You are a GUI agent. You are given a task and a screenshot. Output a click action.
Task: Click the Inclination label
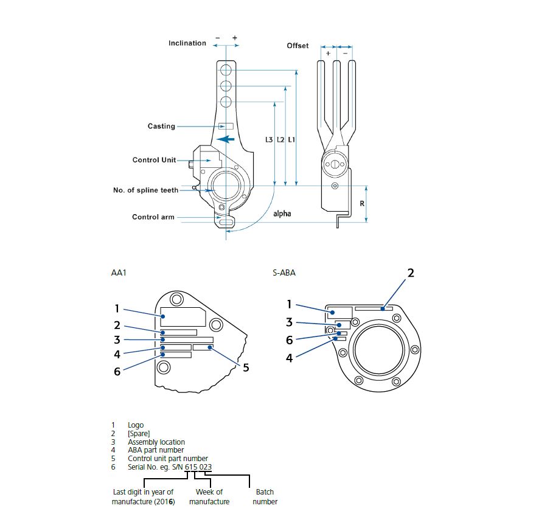click(x=187, y=43)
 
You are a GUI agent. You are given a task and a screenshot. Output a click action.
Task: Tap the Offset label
click(x=298, y=46)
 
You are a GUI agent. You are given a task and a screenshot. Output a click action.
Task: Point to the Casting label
click(x=161, y=126)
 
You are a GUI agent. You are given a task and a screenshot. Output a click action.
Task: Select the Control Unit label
click(x=154, y=160)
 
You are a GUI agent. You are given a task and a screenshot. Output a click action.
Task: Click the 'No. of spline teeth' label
click(x=145, y=190)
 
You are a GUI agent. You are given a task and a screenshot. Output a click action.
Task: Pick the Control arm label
click(x=153, y=217)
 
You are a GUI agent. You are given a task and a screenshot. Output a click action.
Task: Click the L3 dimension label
click(x=269, y=139)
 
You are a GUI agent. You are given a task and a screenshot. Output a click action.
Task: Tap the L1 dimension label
click(x=291, y=139)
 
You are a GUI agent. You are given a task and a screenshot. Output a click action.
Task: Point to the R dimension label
click(x=362, y=204)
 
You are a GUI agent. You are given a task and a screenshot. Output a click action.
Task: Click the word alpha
click(x=282, y=214)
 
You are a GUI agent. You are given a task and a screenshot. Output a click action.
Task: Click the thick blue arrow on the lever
click(x=226, y=139)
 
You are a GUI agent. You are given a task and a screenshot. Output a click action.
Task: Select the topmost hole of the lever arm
click(x=226, y=71)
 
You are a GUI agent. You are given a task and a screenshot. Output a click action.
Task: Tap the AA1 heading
click(x=119, y=273)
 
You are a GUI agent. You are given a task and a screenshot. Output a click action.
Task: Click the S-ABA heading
click(x=284, y=273)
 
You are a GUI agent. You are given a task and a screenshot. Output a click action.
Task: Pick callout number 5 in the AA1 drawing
click(x=246, y=368)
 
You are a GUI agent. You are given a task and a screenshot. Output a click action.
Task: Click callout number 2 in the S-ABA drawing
click(x=411, y=273)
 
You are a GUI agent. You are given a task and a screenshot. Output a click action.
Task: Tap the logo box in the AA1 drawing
click(x=183, y=316)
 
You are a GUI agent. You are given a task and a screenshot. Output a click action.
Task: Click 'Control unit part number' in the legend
click(x=168, y=458)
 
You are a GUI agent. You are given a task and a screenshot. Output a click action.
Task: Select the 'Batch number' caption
click(x=265, y=496)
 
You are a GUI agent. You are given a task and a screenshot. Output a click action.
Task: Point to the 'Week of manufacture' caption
click(x=209, y=496)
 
